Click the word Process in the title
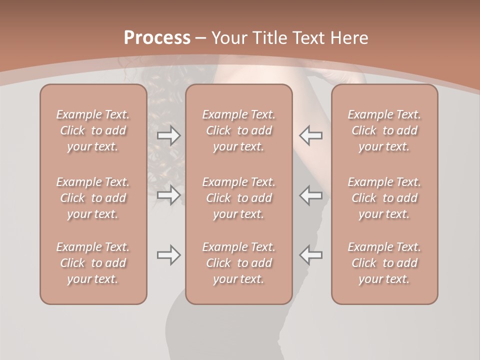(x=157, y=38)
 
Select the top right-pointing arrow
(x=169, y=135)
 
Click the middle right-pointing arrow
(x=169, y=195)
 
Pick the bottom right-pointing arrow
(x=169, y=255)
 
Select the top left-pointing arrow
(x=310, y=135)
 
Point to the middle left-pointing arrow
(x=310, y=195)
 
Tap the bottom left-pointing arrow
(x=310, y=255)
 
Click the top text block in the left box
(x=93, y=130)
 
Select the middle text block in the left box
(x=93, y=198)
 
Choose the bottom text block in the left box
(x=93, y=263)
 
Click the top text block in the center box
(x=239, y=130)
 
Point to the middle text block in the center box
(x=239, y=198)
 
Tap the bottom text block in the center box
(x=239, y=263)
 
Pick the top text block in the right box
(x=384, y=130)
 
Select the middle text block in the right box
(x=384, y=198)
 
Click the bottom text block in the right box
(x=384, y=263)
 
